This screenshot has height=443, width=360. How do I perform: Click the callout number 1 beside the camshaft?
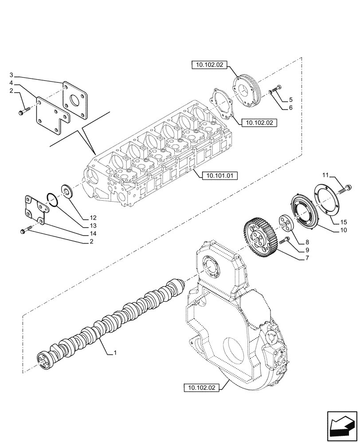pyautogui.click(x=115, y=353)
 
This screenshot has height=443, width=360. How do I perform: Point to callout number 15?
pyautogui.click(x=344, y=221)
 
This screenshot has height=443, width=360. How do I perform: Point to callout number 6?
pyautogui.click(x=290, y=108)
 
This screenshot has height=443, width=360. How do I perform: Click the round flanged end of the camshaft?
pyautogui.click(x=44, y=359)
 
